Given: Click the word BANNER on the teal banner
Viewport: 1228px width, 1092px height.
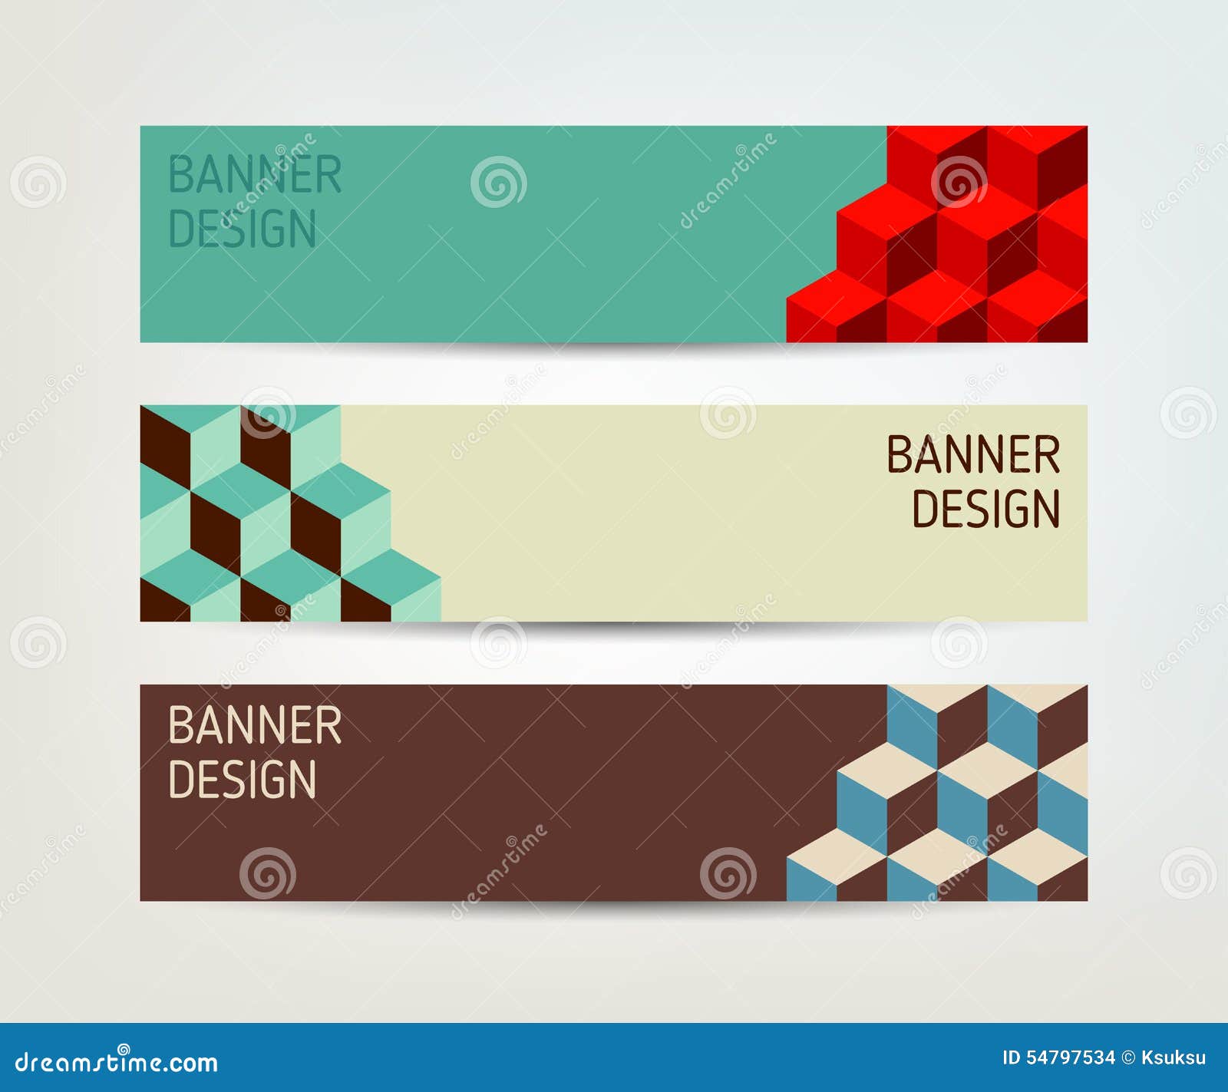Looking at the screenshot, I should coord(254,175).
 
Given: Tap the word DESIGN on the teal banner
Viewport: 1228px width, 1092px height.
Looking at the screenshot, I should coord(242,229).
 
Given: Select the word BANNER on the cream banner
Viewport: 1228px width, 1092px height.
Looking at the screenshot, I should coord(973,455).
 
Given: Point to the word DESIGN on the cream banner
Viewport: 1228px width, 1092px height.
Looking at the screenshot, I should coord(985,510).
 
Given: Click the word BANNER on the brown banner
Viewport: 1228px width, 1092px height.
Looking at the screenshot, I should coord(254,725).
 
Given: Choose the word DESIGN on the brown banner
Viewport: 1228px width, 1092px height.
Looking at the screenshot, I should coord(242,780).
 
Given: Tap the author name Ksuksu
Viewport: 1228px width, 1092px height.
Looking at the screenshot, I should coord(1174,1058).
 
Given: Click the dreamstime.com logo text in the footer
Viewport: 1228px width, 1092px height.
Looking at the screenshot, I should coord(117,1062).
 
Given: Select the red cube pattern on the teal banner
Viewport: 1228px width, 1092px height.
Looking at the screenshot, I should coord(959,246).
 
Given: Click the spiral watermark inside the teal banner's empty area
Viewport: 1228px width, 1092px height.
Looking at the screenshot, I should coord(498,182).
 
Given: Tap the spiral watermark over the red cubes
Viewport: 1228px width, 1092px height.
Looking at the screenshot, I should coord(959,182).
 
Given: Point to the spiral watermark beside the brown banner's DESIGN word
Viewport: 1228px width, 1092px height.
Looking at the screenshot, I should coord(267,873).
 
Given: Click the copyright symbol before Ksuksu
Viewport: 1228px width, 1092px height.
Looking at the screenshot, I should coord(1128,1058).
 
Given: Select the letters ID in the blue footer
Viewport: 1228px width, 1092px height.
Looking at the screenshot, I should coord(1011,1058).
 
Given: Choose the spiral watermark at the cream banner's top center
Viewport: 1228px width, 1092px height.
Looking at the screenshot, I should coord(728,413).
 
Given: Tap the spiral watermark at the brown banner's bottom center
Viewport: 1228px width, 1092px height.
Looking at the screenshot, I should coord(728,873).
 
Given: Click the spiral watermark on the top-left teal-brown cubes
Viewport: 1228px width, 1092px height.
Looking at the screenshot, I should coord(267,413).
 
